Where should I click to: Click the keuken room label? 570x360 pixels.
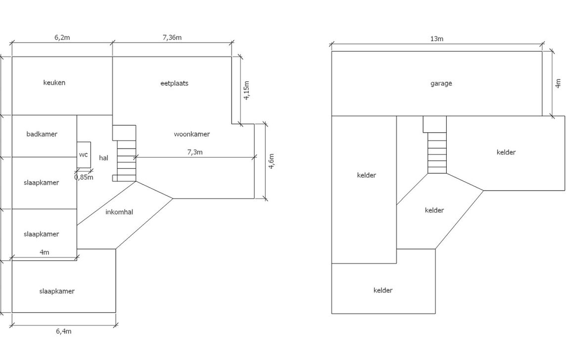pyautogui.click(x=54, y=83)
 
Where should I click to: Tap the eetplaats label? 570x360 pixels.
pyautogui.click(x=175, y=83)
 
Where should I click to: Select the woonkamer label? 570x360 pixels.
pyautogui.click(x=191, y=134)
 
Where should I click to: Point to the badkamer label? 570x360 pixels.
pyautogui.click(x=42, y=134)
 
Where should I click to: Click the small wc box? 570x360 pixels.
pyautogui.click(x=84, y=155)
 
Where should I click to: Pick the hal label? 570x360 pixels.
pyautogui.click(x=103, y=158)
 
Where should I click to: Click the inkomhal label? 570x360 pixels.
pyautogui.click(x=119, y=212)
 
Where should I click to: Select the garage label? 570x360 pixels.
pyautogui.click(x=441, y=83)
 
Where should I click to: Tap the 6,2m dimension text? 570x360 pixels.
pyautogui.click(x=62, y=38)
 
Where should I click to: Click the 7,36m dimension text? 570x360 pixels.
pyautogui.click(x=172, y=38)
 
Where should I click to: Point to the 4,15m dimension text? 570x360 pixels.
pyautogui.click(x=247, y=91)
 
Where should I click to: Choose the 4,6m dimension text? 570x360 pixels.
pyautogui.click(x=271, y=161)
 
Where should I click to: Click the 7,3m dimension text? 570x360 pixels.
pyautogui.click(x=195, y=152)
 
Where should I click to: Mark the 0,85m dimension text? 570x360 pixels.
pyautogui.click(x=84, y=177)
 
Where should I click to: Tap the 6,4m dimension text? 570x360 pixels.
pyautogui.click(x=64, y=331)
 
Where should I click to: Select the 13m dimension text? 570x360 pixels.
pyautogui.click(x=436, y=39)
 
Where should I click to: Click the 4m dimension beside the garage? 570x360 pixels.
pyautogui.click(x=558, y=83)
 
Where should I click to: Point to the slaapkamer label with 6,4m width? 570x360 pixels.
pyautogui.click(x=57, y=291)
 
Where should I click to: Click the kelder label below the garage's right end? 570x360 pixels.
pyautogui.click(x=506, y=153)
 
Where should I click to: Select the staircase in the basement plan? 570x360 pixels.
pyautogui.click(x=436, y=153)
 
